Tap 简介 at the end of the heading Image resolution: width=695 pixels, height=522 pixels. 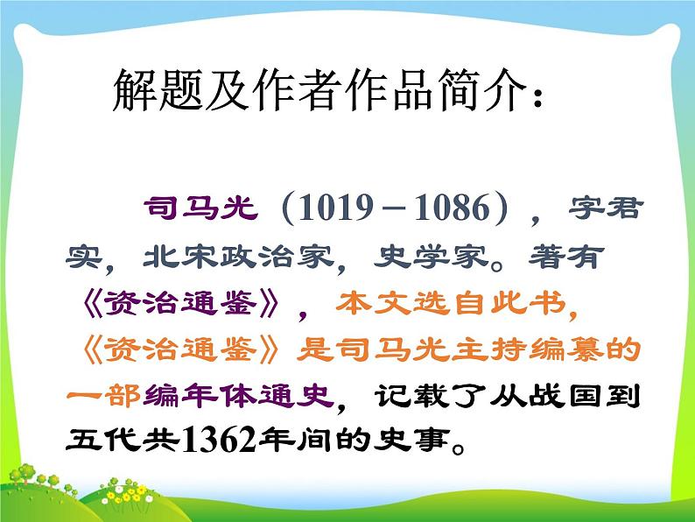(x=481, y=90)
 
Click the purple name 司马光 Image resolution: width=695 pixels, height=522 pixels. (x=200, y=210)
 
